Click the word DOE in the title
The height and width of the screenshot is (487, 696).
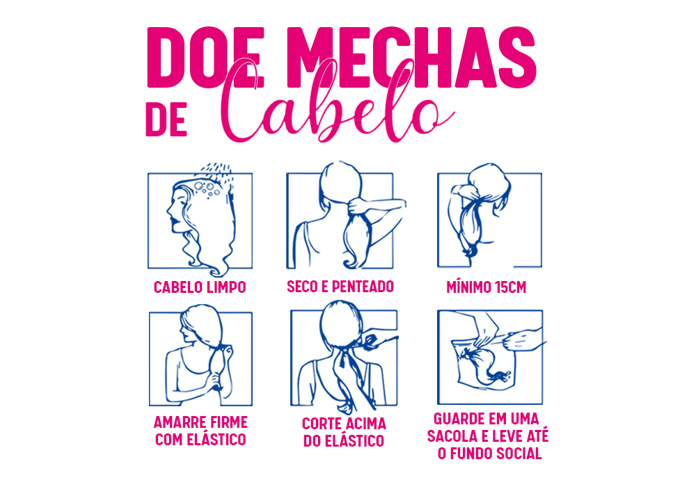205,58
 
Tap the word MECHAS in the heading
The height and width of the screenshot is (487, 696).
411,58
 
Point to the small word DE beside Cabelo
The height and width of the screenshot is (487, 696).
166,120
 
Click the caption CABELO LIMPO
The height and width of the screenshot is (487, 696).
200,287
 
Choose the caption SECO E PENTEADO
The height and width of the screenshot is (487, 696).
340,287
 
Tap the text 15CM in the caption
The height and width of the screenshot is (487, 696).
510,287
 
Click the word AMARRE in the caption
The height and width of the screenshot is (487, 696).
179,422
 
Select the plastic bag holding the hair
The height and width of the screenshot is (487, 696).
484,362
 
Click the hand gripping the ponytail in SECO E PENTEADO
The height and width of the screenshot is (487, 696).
357,206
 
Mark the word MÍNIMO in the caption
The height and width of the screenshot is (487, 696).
469,287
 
